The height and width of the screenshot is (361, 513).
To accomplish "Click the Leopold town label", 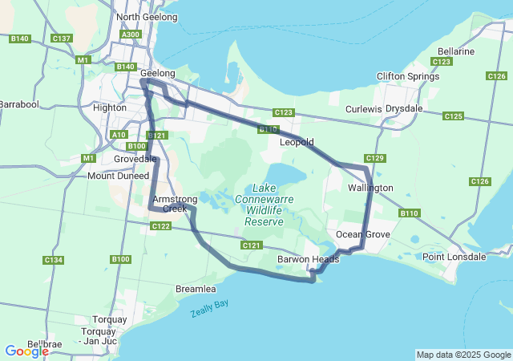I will coord(296,142).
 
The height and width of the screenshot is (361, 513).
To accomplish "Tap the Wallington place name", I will coord(370,188).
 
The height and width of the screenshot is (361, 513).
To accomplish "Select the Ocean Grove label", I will coord(362,234).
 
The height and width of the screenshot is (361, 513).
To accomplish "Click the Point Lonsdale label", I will coord(454,257).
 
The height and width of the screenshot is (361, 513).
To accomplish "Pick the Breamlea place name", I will coord(196,288).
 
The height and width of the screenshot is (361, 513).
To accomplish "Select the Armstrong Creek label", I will coord(169,204).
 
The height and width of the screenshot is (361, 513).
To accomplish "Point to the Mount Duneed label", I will coord(118,176).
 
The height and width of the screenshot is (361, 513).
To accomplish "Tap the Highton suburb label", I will coord(110,107).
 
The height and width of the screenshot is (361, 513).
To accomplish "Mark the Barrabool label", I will coord(18,104).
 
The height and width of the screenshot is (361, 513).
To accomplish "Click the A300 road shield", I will coord(130,34).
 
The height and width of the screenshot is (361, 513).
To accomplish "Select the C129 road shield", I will coord(375,158).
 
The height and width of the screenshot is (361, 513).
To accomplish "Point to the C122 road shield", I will coord(161,227).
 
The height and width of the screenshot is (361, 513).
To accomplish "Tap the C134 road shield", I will coord(54,260).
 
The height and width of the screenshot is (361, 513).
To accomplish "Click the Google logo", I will coord(26,351).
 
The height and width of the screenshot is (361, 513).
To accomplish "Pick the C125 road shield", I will coord(453,116).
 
